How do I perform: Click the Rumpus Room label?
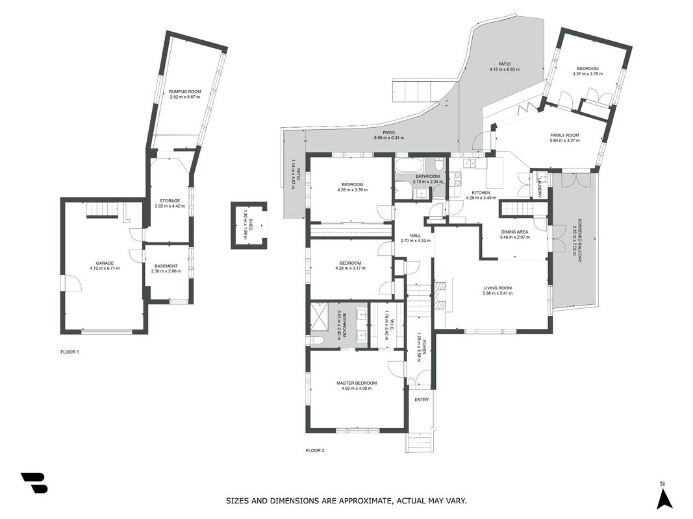(x=184, y=91)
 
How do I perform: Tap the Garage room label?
(x=105, y=263)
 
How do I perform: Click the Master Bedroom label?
(x=357, y=383)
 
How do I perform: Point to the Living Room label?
(x=498, y=288)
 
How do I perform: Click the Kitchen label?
(x=481, y=193)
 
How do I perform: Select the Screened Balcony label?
(x=579, y=241)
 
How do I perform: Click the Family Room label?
(x=564, y=136)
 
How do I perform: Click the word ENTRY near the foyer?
(x=422, y=400)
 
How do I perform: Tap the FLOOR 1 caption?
(x=69, y=352)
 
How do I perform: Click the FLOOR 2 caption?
(x=315, y=451)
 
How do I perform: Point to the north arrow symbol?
(x=664, y=499)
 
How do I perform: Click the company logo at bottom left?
(x=34, y=483)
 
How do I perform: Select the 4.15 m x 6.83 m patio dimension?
(x=504, y=69)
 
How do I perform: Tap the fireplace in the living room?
(x=439, y=295)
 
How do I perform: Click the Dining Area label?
(x=514, y=232)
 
